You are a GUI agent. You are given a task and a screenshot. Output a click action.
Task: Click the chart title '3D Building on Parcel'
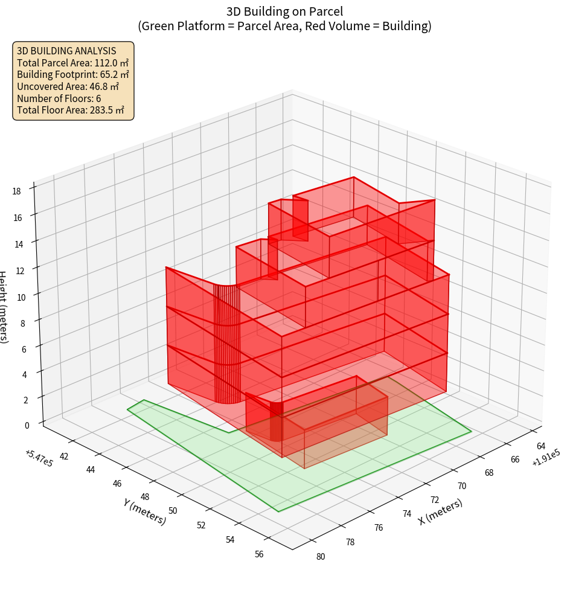[x=284, y=11]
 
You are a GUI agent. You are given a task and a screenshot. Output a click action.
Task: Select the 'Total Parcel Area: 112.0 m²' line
[x=72, y=62]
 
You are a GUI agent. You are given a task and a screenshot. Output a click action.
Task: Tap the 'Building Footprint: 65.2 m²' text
[x=72, y=74]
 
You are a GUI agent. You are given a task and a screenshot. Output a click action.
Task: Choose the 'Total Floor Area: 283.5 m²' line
[x=71, y=110]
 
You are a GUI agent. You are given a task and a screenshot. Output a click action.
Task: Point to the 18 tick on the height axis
[x=16, y=191]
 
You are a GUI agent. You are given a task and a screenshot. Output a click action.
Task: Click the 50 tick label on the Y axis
[x=173, y=511]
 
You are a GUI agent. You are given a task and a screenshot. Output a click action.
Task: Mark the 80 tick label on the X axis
[x=320, y=556]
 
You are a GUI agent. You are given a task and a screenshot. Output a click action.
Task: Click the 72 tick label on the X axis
[x=435, y=500]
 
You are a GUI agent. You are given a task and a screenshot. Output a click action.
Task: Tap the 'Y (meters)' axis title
[x=144, y=510]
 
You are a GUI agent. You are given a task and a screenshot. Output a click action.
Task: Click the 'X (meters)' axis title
[x=441, y=512]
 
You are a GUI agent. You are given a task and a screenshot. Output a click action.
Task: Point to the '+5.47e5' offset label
[x=39, y=458]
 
